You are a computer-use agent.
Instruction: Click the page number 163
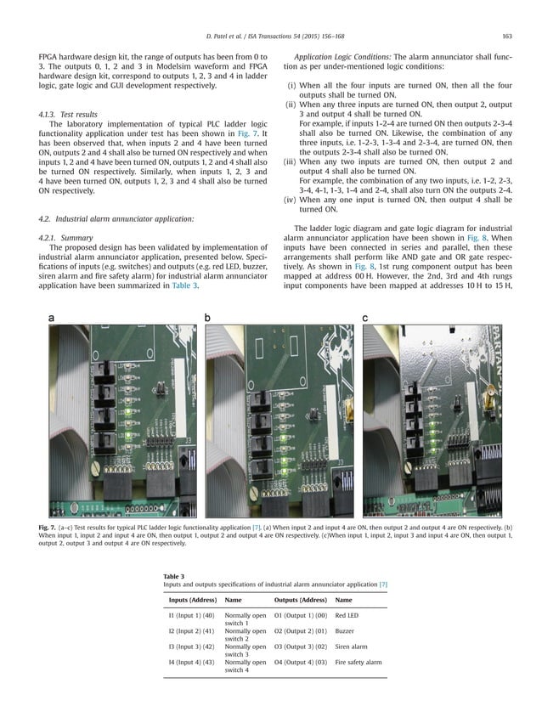[x=506, y=35]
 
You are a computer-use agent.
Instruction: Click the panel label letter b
[x=207, y=318]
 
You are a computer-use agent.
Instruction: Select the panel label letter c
[x=365, y=318]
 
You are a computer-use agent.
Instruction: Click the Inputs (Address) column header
[x=190, y=601]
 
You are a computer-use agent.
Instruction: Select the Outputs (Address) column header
[x=301, y=601]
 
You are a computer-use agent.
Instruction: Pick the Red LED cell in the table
[x=348, y=615]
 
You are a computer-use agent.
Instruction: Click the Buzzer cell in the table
[x=345, y=631]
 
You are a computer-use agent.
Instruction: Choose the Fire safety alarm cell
[x=359, y=662]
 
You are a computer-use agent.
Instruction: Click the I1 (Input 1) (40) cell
[x=191, y=615]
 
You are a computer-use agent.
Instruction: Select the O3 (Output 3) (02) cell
[x=301, y=647]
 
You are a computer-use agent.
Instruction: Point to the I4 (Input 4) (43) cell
[x=191, y=662]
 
